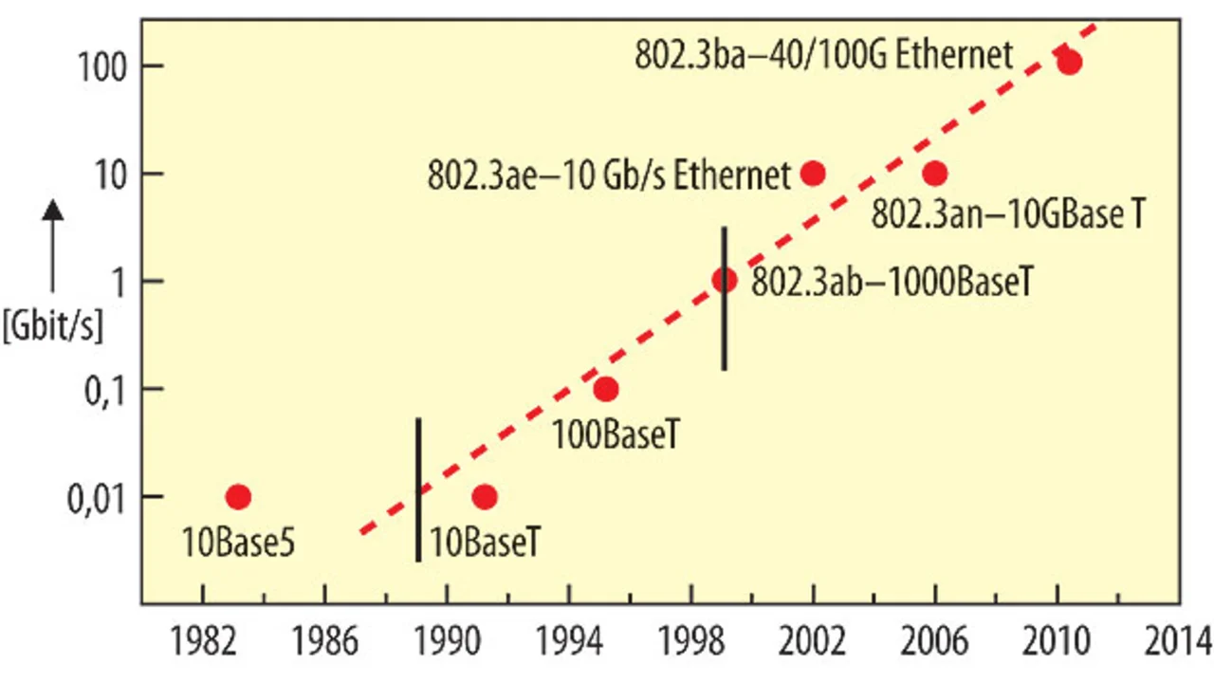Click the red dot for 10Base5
[239, 496]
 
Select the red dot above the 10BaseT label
[485, 496]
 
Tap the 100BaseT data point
[606, 389]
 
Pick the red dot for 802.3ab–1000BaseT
[726, 280]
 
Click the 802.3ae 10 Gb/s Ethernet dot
[813, 174]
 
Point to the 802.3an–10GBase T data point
[935, 174]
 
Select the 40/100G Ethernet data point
[1070, 63]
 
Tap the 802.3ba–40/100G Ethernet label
[823, 54]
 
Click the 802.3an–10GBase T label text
[1007, 213]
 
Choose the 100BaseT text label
[617, 435]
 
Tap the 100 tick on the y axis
[94, 66]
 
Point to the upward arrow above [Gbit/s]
[53, 245]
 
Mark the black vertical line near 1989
[418, 488]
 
